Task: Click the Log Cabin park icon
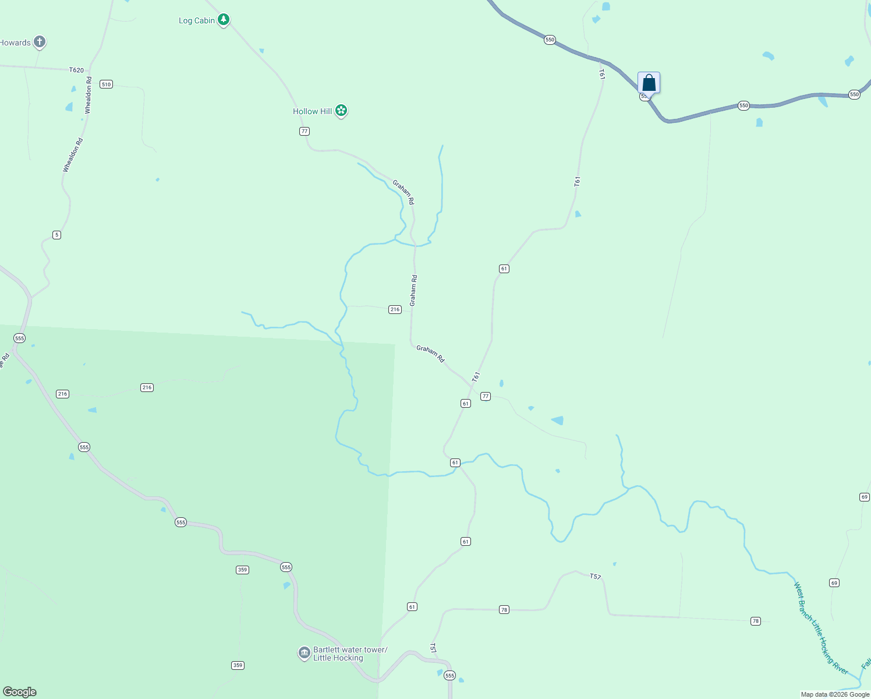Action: [x=224, y=20]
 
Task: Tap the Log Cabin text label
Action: [x=197, y=21]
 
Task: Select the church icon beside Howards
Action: [x=40, y=42]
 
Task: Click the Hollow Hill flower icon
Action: [x=342, y=111]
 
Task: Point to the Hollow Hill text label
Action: [x=313, y=111]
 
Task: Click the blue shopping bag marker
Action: [x=649, y=83]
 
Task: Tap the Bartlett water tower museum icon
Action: [x=304, y=653]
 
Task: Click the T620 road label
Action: [x=76, y=70]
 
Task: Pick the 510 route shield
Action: [x=106, y=84]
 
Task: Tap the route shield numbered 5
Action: [x=56, y=235]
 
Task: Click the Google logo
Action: [x=20, y=692]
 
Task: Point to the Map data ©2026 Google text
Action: [x=835, y=694]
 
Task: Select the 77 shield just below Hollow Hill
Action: [x=305, y=131]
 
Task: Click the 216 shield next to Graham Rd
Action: [x=395, y=309]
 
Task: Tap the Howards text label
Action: [x=15, y=43]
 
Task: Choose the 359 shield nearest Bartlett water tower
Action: [x=238, y=665]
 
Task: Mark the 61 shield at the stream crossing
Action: [x=455, y=463]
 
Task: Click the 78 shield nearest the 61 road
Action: [x=504, y=610]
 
